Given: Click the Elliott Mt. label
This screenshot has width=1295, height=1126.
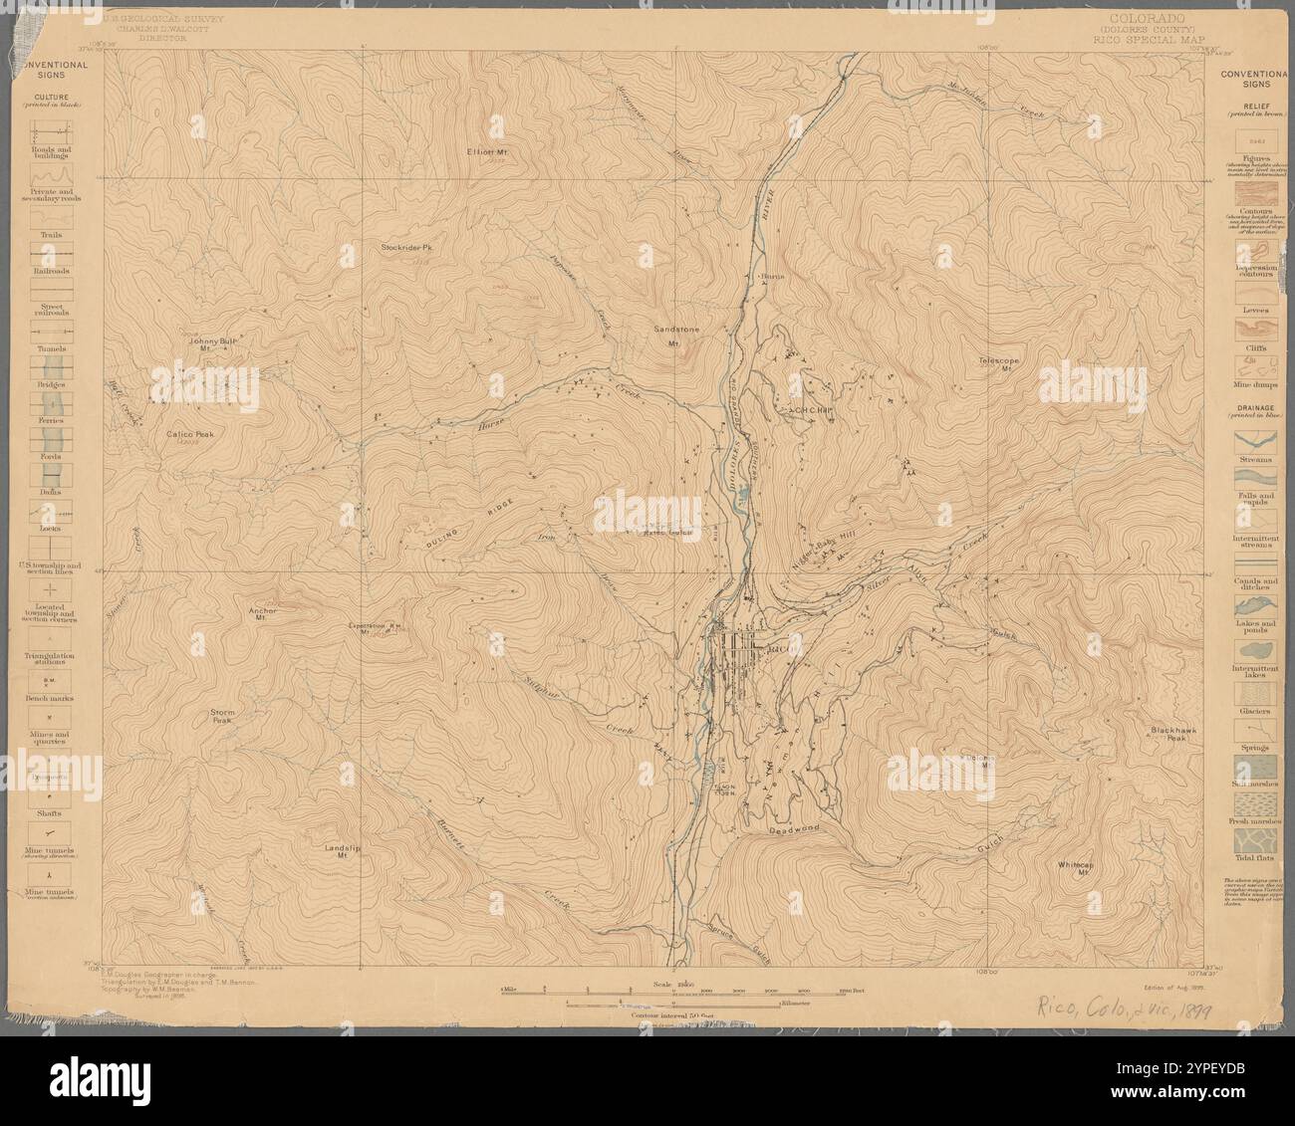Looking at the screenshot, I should click(x=487, y=151).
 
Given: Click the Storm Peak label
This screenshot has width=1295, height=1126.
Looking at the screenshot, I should click(x=222, y=716).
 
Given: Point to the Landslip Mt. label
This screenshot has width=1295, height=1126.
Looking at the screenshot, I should click(x=341, y=851).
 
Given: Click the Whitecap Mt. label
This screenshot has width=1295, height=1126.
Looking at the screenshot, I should click(x=1078, y=868).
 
